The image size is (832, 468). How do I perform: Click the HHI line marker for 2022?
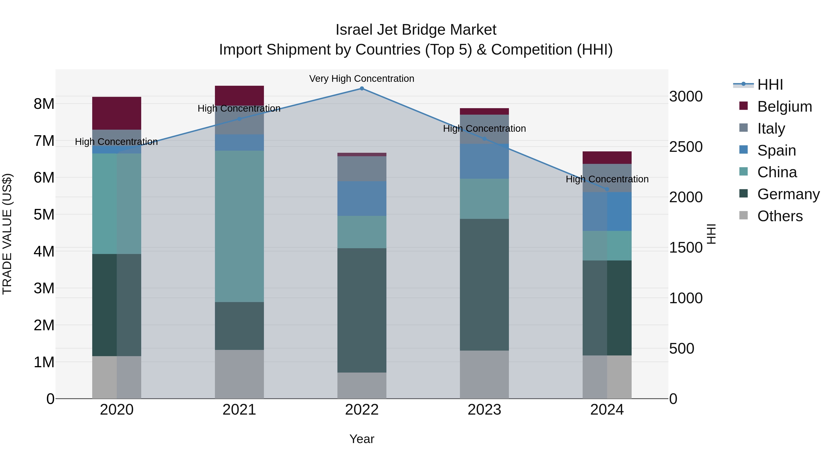[x=362, y=89]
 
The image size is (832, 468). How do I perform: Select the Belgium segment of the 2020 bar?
[x=117, y=113]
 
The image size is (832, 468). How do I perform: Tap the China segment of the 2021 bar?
[x=239, y=226]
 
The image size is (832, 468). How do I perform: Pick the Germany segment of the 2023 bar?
[x=484, y=284]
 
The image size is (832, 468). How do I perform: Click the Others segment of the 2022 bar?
[x=362, y=385]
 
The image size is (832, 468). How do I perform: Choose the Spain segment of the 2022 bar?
[x=362, y=198]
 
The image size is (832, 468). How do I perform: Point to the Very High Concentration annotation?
[x=362, y=79]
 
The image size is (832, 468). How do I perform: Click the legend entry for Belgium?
[x=784, y=107]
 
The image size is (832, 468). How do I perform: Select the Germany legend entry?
[x=788, y=194]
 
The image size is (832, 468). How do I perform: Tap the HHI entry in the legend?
[x=770, y=85]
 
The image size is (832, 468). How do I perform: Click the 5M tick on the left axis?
[x=44, y=214]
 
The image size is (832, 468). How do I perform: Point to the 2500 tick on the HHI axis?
[x=686, y=147]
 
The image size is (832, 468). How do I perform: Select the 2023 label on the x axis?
[x=484, y=410]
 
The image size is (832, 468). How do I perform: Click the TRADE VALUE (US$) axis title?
[x=7, y=234]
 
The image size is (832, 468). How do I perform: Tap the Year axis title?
[x=362, y=439]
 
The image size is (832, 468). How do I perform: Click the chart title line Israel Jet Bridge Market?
[x=416, y=30]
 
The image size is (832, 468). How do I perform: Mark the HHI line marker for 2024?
[x=607, y=189]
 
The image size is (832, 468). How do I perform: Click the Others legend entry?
[x=780, y=216]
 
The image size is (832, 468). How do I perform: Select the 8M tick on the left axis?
[x=44, y=104]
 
